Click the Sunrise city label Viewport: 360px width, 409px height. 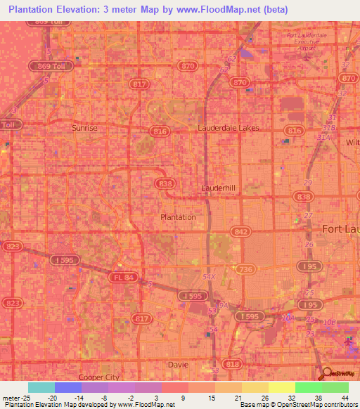pos(85,129)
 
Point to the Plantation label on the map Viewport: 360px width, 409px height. pos(178,217)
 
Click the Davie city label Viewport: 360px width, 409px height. pos(179,364)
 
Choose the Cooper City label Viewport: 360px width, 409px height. pos(99,377)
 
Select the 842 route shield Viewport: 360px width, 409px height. pos(242,231)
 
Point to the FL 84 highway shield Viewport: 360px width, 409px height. pos(120,278)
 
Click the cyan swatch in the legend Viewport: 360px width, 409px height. pos(41,387)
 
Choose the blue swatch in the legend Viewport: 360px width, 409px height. pos(67,387)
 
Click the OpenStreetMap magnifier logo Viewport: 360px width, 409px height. pos(326,374)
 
